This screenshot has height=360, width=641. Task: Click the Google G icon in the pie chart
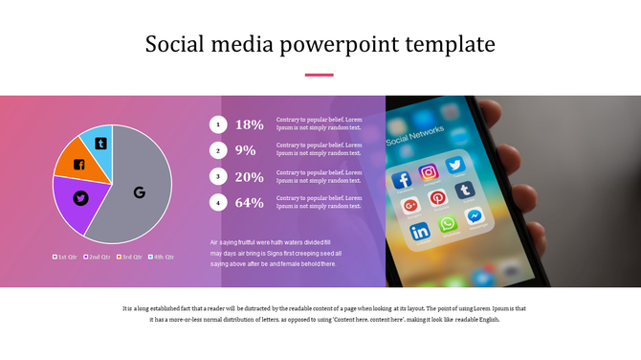coord(139,192)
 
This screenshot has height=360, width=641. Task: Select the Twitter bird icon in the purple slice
coord(80,198)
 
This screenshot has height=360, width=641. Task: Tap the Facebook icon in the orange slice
coord(78,165)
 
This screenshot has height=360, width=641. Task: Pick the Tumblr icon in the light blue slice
coord(99,144)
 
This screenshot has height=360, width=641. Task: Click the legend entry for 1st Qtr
coord(65,257)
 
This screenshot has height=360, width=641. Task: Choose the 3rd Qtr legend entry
coord(129,257)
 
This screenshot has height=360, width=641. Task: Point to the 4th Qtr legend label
coord(162,257)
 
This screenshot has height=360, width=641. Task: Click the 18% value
coord(249,124)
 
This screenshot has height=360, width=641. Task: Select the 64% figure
coord(249,203)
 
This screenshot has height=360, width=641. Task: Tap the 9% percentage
coord(245,150)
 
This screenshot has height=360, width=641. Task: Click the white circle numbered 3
coord(218,177)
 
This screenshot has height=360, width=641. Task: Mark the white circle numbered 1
coord(218,124)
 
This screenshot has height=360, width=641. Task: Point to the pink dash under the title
coord(319,75)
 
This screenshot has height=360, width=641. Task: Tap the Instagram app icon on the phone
coord(429,172)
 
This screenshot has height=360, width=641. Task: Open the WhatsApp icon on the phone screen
coord(447,224)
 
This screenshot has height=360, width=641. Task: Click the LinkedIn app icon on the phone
coord(420,231)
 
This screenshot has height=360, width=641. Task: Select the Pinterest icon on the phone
coord(437,198)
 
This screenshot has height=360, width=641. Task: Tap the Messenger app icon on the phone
coord(474,217)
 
